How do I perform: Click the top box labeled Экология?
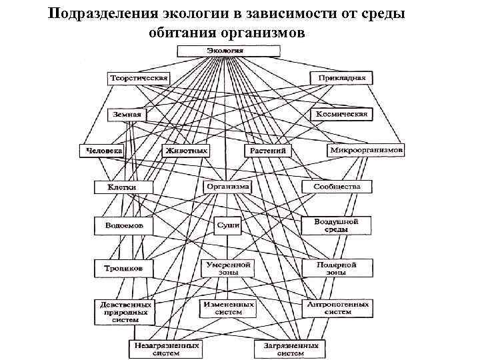(x=225, y=51)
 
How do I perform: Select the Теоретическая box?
(x=138, y=78)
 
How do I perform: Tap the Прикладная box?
(x=341, y=78)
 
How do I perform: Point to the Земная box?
(x=127, y=114)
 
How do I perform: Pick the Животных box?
(x=185, y=151)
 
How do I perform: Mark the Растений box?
(x=268, y=151)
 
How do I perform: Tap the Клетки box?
(x=123, y=187)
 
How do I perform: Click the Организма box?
(x=228, y=187)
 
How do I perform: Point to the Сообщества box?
(x=337, y=187)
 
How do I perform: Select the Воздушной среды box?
(x=337, y=225)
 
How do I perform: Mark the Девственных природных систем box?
(x=123, y=311)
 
